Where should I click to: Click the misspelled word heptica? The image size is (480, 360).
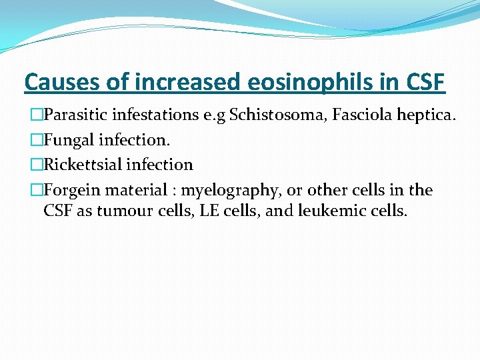[x=425, y=115]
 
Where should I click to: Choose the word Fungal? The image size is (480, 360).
[x=67, y=139]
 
